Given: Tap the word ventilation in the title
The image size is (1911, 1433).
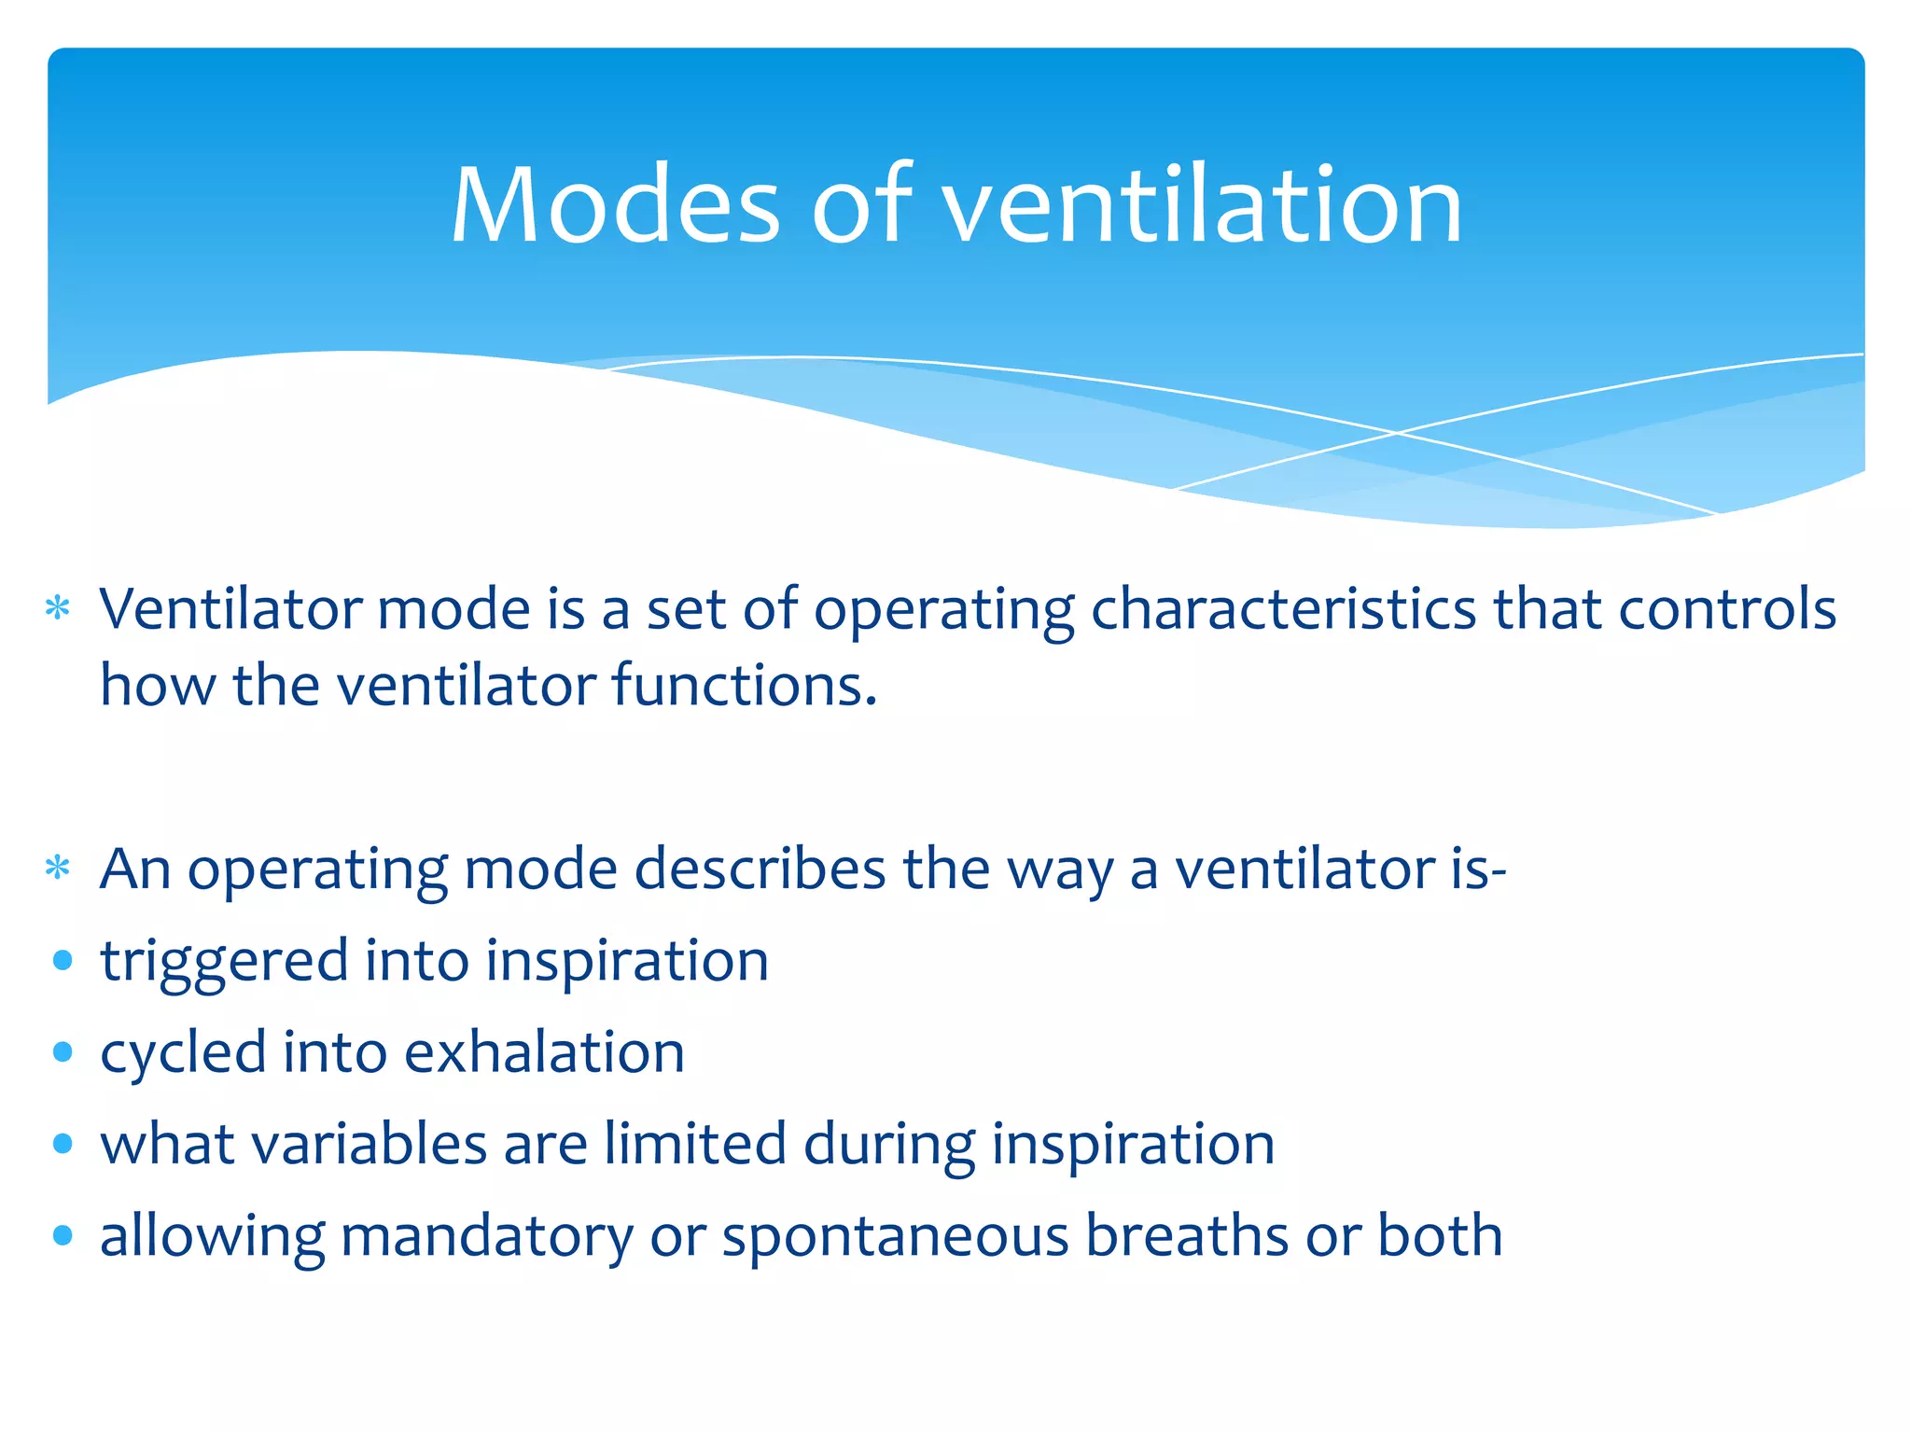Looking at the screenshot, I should [x=1203, y=205].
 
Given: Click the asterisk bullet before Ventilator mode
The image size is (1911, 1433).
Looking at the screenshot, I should [x=58, y=609].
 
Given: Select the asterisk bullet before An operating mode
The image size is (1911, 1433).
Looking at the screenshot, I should [x=58, y=869].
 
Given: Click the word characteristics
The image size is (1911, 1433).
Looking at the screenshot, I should [x=1284, y=609].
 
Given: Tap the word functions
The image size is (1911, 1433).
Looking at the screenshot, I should [x=745, y=686].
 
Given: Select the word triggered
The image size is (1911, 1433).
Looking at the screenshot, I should [x=224, y=962].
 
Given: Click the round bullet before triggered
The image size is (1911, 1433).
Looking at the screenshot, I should [x=63, y=961].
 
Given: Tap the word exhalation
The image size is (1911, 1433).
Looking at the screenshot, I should [x=545, y=1053].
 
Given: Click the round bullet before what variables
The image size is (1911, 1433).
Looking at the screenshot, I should [x=63, y=1144].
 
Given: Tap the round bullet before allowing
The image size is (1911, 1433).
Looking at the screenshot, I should [x=63, y=1236].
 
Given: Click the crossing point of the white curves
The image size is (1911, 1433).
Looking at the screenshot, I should [x=1397, y=433].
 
